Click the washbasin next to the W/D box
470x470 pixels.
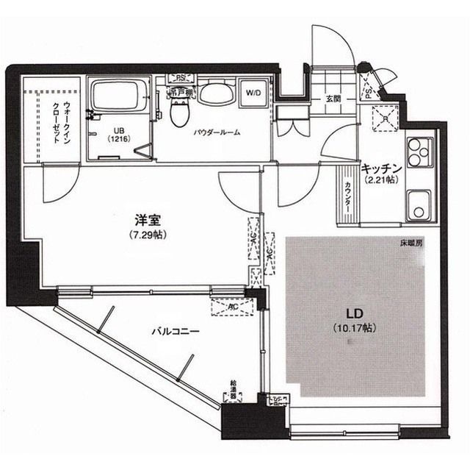[x=215, y=93]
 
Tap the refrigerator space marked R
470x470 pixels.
[x=383, y=118]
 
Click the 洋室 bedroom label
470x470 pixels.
[x=144, y=220]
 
